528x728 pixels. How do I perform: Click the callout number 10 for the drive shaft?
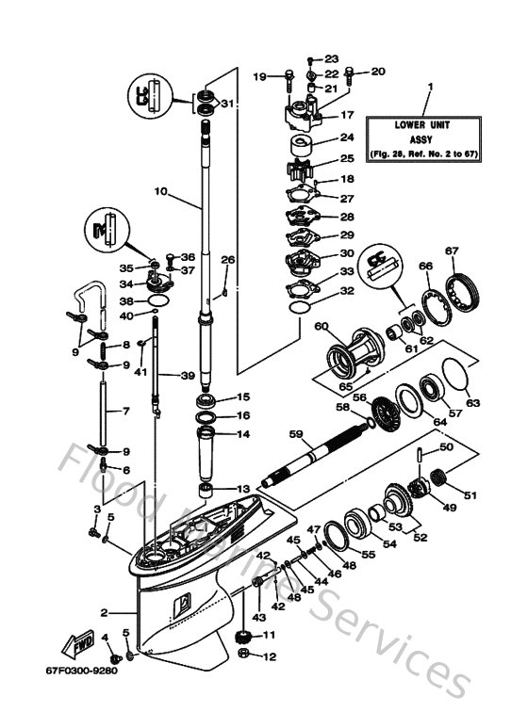160,191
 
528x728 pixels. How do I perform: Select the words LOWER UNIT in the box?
428,123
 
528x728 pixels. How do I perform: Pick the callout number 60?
321,327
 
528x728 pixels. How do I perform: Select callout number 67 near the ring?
452,251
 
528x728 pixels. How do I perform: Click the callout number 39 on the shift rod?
188,376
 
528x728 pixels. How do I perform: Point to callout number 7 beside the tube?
111,411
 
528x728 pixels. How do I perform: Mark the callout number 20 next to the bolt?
378,72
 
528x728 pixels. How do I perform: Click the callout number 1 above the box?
429,87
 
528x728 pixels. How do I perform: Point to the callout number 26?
227,259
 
